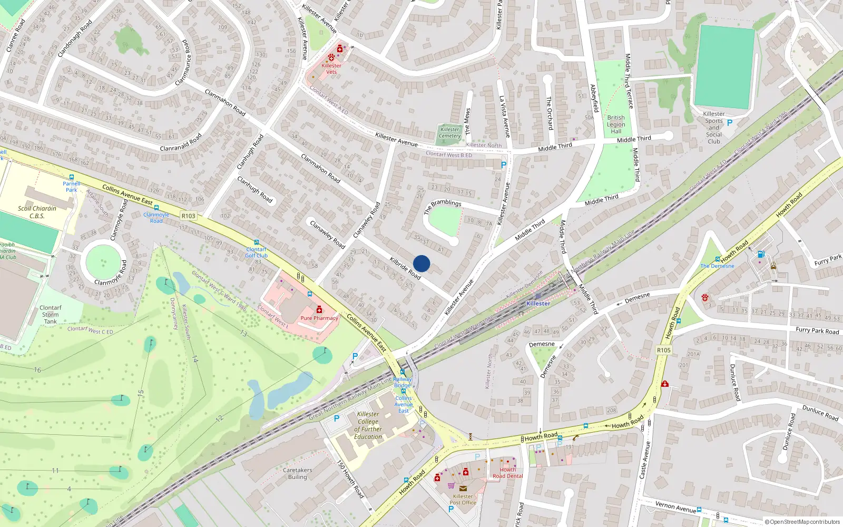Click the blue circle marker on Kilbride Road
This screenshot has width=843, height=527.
(x=421, y=263)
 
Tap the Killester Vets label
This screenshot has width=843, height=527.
(x=331, y=69)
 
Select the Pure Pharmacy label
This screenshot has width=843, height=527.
(x=319, y=318)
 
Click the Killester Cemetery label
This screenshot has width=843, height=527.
(x=450, y=132)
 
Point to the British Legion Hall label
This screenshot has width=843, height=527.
(x=616, y=124)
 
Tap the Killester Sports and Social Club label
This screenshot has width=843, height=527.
(x=714, y=128)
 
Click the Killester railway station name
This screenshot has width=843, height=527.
(x=538, y=304)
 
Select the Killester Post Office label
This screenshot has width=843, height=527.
(x=463, y=499)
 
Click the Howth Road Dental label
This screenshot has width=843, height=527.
(x=508, y=473)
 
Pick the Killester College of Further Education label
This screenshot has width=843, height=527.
(x=368, y=425)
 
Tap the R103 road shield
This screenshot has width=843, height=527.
(x=188, y=216)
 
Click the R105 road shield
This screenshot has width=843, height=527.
(x=664, y=350)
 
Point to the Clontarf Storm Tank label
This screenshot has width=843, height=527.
(x=51, y=315)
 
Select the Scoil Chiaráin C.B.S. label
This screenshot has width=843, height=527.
(x=37, y=212)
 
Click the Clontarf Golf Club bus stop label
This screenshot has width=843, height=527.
(x=257, y=252)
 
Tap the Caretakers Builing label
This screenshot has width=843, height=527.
(x=297, y=473)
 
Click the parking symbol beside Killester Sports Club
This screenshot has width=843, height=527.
(x=730, y=123)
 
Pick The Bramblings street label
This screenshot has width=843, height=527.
(x=443, y=206)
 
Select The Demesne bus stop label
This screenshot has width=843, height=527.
(x=717, y=266)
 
